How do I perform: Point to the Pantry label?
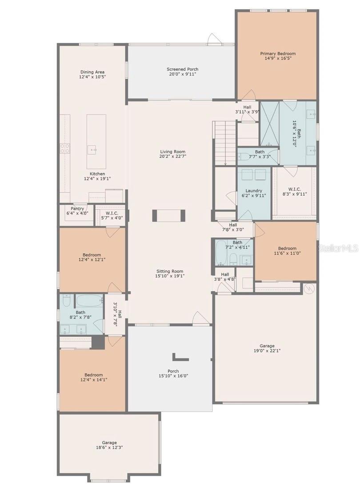click(x=77, y=208)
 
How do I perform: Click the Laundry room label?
click(x=254, y=191)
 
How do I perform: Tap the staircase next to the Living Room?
click(x=225, y=142)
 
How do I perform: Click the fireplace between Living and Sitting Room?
click(x=169, y=216)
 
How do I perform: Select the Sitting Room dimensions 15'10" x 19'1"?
click(x=169, y=276)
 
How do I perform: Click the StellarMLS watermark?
click(x=338, y=248)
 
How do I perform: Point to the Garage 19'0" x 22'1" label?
click(x=267, y=348)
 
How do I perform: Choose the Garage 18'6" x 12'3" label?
click(x=109, y=445)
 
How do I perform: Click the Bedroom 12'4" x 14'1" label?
click(x=93, y=377)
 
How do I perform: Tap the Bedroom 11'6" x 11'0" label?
click(x=287, y=251)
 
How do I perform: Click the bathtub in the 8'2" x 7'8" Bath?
click(x=89, y=300)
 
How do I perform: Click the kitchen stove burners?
click(x=65, y=148)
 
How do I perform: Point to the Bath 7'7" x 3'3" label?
click(x=260, y=154)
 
